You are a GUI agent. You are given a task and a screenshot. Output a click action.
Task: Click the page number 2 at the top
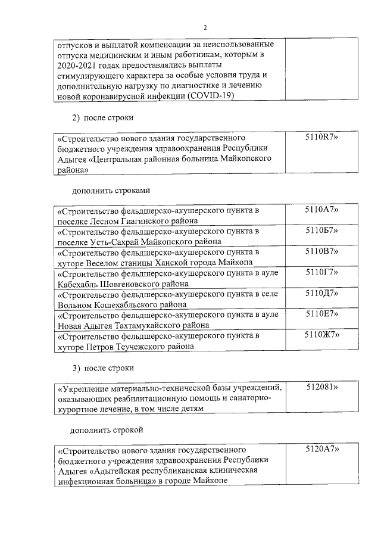point(204,27)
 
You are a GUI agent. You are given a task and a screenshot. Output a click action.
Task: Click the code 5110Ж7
point(321,335)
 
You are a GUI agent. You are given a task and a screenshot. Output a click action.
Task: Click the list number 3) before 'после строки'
point(76,367)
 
